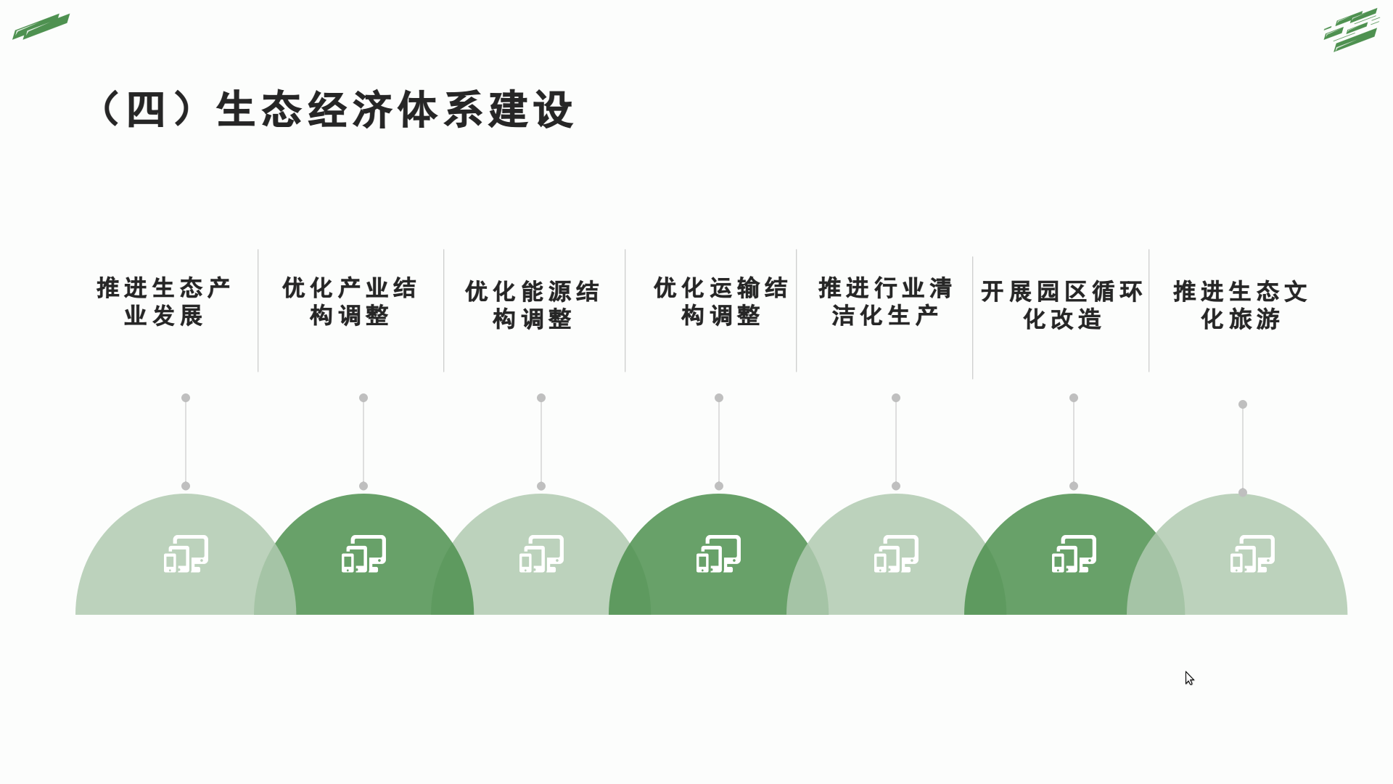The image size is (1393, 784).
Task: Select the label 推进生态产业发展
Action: click(x=164, y=301)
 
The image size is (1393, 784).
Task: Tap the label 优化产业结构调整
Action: click(x=350, y=301)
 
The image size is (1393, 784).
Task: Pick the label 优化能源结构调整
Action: click(x=533, y=305)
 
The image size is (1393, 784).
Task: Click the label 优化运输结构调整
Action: click(x=720, y=301)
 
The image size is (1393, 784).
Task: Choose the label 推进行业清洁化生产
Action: click(x=885, y=301)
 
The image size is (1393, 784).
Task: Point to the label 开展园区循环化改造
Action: click(x=1062, y=305)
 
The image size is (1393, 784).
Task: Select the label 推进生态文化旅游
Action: click(x=1241, y=305)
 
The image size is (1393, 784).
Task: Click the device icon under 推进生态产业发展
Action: click(x=186, y=554)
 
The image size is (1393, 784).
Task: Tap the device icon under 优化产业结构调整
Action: click(x=363, y=554)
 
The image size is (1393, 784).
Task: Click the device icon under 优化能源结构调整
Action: click(x=541, y=554)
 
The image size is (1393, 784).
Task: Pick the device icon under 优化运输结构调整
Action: click(x=719, y=554)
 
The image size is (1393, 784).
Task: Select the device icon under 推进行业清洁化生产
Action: click(x=896, y=554)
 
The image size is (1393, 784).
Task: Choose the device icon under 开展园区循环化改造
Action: click(x=1074, y=554)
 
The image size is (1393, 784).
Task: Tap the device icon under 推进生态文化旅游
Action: click(x=1252, y=554)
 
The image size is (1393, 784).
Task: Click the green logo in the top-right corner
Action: click(x=1351, y=30)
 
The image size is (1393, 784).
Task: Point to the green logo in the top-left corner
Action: click(x=41, y=26)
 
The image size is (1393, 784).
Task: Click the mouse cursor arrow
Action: click(x=1189, y=678)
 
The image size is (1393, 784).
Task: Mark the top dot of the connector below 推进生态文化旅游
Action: click(x=1243, y=404)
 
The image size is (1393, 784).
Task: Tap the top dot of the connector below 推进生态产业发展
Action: click(x=186, y=398)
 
